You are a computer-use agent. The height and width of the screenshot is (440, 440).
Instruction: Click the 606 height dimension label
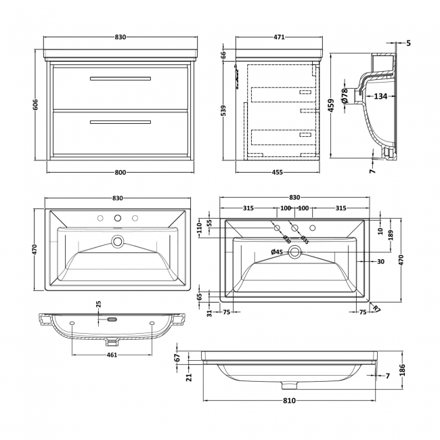35,104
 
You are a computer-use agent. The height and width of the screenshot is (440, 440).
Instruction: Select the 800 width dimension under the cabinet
119,173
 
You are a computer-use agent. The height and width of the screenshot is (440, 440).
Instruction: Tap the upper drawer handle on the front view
119,79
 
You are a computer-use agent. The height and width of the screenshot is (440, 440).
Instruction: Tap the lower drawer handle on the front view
119,123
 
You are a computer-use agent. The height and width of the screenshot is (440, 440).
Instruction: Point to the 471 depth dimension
278,38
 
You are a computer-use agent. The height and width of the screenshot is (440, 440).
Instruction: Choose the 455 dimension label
278,173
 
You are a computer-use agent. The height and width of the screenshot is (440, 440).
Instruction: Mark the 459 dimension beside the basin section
332,106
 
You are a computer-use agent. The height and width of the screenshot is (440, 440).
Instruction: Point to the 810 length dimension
289,401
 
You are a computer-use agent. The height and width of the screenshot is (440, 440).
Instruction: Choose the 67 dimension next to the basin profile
177,357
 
